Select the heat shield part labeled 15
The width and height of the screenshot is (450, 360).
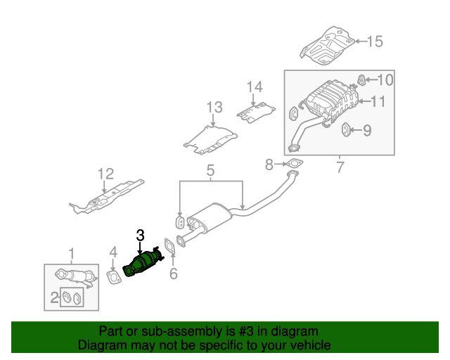click(x=327, y=44)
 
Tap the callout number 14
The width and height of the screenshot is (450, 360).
click(x=254, y=87)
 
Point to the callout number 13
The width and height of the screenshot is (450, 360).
click(x=214, y=108)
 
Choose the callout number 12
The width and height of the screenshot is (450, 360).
click(x=105, y=173)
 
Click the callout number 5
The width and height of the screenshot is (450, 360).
click(x=210, y=170)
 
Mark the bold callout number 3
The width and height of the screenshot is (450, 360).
click(x=140, y=236)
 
